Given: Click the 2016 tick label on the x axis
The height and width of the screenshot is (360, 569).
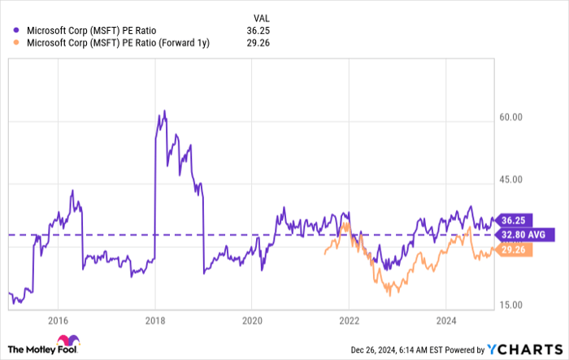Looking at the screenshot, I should click(57, 319).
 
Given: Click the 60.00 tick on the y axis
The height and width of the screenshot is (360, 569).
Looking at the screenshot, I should click(511, 118).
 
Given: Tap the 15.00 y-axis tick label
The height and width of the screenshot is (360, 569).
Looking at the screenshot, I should click(511, 305).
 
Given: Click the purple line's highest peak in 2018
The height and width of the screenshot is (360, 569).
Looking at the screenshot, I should click(164, 111).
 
